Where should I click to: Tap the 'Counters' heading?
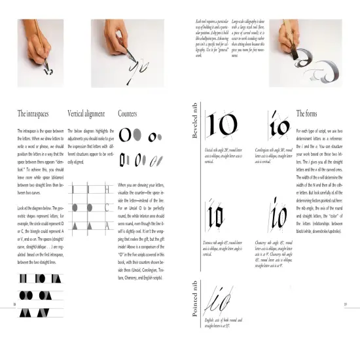coord(128,113)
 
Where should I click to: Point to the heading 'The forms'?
coord(308,113)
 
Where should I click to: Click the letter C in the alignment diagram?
coord(105,208)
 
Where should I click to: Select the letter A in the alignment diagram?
coord(105,226)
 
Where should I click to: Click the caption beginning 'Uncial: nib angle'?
coord(223,156)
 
